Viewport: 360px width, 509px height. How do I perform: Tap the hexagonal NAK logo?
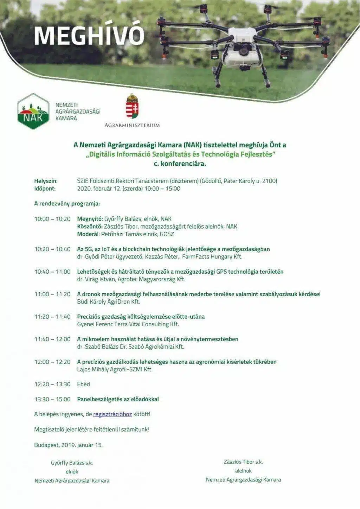pyautogui.click(x=33, y=111)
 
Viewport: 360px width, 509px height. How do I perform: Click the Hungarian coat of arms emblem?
pyautogui.click(x=132, y=106)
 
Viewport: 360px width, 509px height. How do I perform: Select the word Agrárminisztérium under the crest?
pyautogui.click(x=132, y=125)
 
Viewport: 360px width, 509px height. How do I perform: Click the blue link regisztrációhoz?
pyautogui.click(x=112, y=414)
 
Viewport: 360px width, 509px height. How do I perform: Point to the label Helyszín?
pyautogui.click(x=46, y=181)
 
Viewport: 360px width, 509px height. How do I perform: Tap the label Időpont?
pyautogui.click(x=45, y=189)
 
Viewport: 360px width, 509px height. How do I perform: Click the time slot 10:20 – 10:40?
pyautogui.click(x=52, y=249)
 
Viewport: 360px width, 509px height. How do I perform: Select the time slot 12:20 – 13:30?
pyautogui.click(x=52, y=384)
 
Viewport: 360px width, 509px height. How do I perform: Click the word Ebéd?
pyautogui.click(x=83, y=384)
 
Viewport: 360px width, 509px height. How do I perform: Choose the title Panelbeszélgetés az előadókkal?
pyautogui.click(x=118, y=399)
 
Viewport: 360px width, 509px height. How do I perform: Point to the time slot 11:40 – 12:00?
pyautogui.click(x=52, y=339)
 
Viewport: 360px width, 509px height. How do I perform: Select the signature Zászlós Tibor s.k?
pyautogui.click(x=243, y=462)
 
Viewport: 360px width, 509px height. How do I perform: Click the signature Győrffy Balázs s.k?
pyautogui.click(x=72, y=463)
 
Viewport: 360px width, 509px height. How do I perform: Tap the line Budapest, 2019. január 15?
pyautogui.click(x=68, y=445)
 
